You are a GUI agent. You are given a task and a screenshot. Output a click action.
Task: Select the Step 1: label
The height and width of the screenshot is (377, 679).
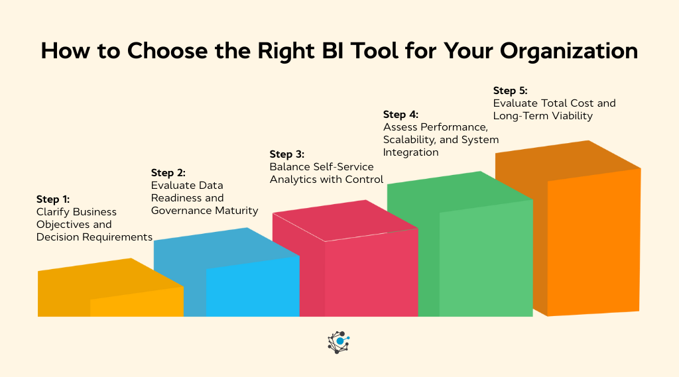[x=53, y=199]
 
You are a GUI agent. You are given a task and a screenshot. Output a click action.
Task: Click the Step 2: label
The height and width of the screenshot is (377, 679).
[x=168, y=172]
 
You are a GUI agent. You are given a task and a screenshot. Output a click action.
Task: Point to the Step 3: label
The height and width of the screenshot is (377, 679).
[x=286, y=154]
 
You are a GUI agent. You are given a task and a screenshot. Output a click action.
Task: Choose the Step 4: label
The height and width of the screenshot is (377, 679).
[x=401, y=115]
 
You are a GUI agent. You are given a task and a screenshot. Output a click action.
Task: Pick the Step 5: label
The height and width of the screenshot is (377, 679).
[x=511, y=90]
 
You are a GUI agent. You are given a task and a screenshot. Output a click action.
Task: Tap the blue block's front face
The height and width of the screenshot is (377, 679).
[x=252, y=288]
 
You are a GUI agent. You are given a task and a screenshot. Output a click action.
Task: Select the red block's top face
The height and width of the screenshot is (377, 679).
[x=345, y=220]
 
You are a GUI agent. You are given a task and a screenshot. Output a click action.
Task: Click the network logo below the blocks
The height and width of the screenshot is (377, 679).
[x=339, y=342]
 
